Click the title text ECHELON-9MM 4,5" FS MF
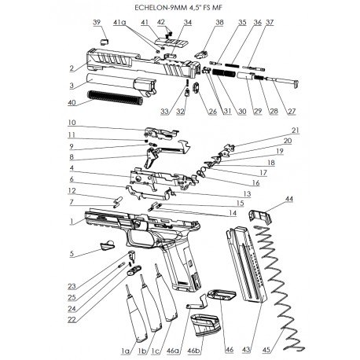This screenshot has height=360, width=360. (180, 8)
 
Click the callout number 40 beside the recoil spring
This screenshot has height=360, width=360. (72, 102)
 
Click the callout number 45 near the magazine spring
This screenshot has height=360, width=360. (267, 343)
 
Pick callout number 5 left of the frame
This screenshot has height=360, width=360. (72, 254)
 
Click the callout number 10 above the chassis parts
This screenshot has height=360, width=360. (72, 123)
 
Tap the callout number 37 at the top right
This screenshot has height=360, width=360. (270, 22)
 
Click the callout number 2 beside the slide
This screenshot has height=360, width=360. (72, 68)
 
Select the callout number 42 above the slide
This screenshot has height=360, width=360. (160, 22)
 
